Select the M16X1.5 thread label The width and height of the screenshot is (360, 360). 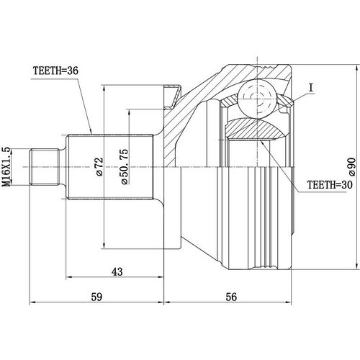tap(7, 167)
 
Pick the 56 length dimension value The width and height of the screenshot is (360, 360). tap(230, 295)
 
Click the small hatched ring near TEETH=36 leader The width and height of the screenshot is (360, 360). tap(173, 94)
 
